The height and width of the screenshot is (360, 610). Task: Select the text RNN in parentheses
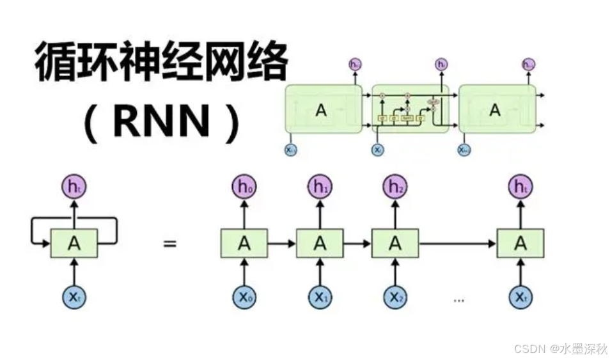coord(160,121)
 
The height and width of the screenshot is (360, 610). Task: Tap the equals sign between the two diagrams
coord(169,244)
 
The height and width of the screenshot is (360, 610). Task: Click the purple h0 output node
coord(244,187)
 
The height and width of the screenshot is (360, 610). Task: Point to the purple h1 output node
coord(320,187)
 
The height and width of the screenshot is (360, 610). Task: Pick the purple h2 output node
coord(395,187)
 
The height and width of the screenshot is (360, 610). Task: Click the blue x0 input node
coord(244,297)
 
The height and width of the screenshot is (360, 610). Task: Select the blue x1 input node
coord(320,297)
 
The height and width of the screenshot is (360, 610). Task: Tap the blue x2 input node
coord(395,297)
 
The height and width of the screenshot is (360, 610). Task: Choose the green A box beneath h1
coord(320,244)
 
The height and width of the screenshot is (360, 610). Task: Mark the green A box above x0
coord(244,244)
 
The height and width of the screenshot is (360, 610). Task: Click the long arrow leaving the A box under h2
coord(457,244)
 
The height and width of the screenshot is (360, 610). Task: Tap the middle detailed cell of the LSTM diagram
coord(410,109)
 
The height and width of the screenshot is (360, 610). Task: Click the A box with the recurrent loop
coord(74,244)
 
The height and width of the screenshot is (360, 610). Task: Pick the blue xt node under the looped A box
coord(74,297)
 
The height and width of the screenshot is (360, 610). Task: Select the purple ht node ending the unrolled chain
coord(520,187)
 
